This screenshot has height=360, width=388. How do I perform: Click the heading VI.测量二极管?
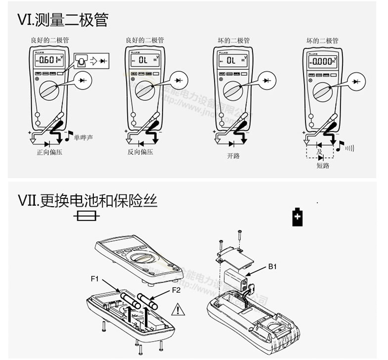point(63,20)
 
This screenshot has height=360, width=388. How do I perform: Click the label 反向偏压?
point(140,152)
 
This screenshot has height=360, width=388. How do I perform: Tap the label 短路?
point(323,166)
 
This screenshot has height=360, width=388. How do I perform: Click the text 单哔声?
point(83,137)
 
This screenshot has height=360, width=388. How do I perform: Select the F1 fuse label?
point(95,279)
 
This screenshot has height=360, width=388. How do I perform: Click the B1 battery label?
point(273,267)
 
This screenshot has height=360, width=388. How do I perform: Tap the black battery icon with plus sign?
point(297,217)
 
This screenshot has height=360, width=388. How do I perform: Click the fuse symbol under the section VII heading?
point(87,216)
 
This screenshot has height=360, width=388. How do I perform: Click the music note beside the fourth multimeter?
point(340,145)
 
